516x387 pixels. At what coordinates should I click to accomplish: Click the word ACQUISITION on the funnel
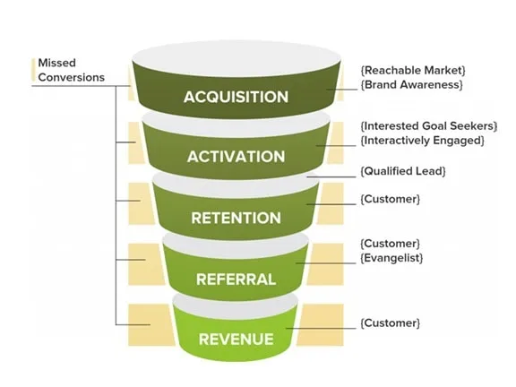point(236,97)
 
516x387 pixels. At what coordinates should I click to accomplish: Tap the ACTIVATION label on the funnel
point(236,157)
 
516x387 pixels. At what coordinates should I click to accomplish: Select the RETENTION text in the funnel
point(236,218)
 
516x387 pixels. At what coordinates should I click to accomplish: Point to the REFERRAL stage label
point(236,279)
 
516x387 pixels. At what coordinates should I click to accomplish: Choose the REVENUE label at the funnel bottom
point(236,338)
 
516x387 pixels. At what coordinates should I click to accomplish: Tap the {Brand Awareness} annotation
point(411,84)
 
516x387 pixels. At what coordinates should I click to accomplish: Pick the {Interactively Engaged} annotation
point(420,141)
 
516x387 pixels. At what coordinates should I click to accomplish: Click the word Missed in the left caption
point(56,64)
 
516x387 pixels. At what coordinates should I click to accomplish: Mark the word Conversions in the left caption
point(71,77)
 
